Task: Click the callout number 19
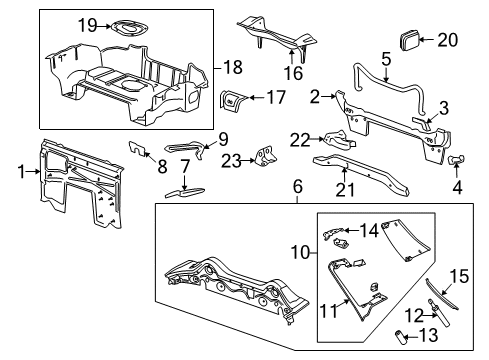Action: click(x=87, y=25)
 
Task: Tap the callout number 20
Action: click(x=447, y=40)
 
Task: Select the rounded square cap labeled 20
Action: click(x=410, y=40)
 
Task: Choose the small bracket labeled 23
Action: click(x=266, y=158)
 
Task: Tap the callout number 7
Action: click(x=184, y=164)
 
